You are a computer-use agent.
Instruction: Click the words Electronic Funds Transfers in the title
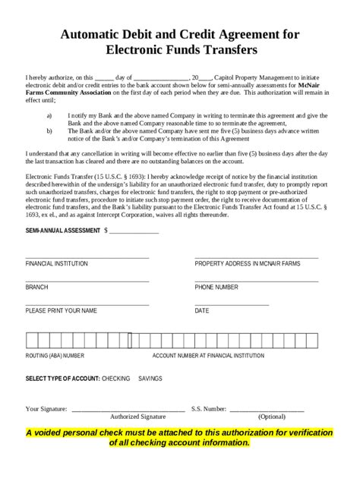180,49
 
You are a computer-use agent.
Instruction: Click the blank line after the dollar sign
134,231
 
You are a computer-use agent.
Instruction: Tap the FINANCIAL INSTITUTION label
57,264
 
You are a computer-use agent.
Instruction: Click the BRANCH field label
36,288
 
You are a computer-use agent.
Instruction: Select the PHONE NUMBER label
216,288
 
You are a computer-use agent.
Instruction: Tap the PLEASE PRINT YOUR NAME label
62,311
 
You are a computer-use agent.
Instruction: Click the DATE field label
202,311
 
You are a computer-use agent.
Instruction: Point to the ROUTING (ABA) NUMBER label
55,354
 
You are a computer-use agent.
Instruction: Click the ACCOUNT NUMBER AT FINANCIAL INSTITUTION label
208,354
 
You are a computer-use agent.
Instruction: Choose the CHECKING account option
115,378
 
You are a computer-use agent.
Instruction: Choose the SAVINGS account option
150,378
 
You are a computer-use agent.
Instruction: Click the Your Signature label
46,409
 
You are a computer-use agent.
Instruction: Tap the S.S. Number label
209,409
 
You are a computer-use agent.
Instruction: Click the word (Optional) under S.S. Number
272,417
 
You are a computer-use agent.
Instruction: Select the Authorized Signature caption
137,417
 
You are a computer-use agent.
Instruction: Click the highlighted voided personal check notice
179,437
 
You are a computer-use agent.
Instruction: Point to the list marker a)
49,115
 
